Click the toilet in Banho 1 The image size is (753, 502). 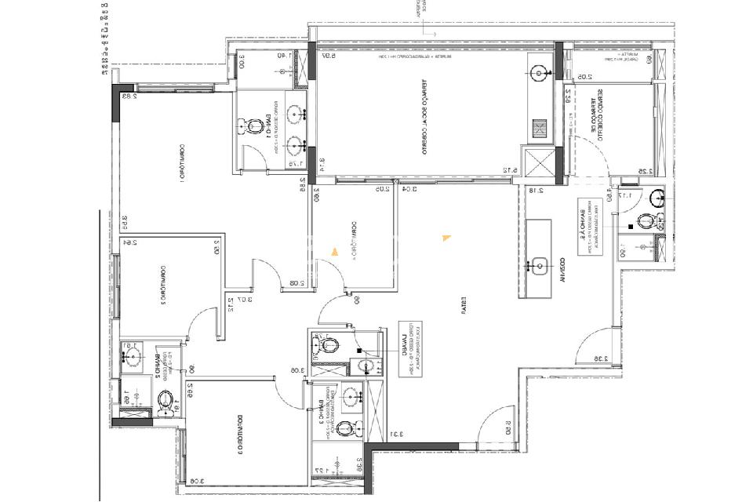tap(255, 125)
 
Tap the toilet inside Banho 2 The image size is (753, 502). tap(166, 401)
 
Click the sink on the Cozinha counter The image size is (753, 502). tap(539, 265)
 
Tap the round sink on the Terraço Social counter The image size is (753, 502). tap(540, 74)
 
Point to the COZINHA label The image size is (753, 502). tap(562, 269)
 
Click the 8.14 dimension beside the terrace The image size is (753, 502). tap(322, 166)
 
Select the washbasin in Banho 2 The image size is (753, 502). tap(130, 358)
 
